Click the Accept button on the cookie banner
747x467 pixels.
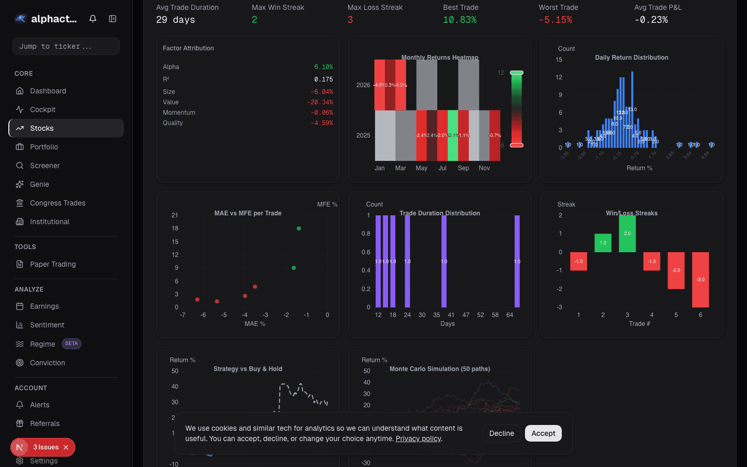[543, 433]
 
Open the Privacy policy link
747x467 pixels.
[418, 438]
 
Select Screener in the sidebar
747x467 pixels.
[45, 166]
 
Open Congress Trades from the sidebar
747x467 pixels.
[58, 203]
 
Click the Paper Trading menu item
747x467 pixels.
[53, 264]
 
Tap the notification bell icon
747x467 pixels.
[93, 19]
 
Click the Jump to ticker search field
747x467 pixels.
[66, 46]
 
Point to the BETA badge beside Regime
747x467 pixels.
[72, 344]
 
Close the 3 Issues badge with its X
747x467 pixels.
[66, 447]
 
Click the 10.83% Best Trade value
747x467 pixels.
[460, 20]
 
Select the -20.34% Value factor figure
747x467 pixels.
[320, 102]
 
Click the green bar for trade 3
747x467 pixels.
[627, 234]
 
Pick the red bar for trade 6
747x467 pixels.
[700, 279]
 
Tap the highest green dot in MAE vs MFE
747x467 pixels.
[299, 228]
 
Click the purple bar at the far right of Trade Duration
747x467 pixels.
[517, 261]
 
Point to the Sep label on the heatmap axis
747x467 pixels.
[463, 168]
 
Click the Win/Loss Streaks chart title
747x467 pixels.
[631, 213]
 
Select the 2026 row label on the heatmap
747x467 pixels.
[363, 85]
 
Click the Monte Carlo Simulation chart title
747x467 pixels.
[439, 369]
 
